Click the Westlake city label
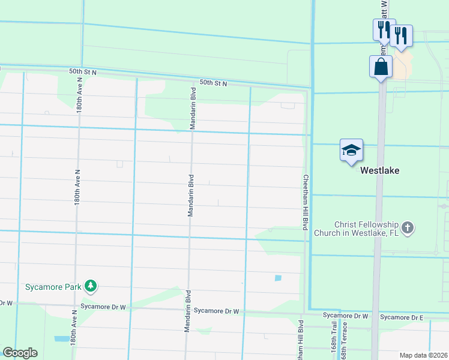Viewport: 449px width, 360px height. click(379, 170)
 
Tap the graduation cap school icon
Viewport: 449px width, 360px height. click(351, 150)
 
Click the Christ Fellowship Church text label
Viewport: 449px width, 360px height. click(361, 228)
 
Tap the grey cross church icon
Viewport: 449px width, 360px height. click(408, 227)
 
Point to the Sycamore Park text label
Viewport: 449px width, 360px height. click(53, 287)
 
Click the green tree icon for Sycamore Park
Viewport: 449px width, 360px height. click(91, 286)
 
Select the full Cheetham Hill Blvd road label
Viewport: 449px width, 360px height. click(305, 202)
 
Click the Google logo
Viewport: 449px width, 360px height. click(20, 353)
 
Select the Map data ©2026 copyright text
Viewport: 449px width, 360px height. click(424, 355)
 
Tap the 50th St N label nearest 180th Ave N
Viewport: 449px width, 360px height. click(82, 71)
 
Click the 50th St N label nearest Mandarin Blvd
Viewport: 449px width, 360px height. click(213, 83)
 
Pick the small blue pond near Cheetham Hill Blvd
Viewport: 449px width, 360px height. click(277, 278)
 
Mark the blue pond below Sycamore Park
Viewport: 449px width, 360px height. click(61, 338)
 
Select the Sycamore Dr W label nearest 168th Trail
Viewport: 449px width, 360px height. click(344, 315)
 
